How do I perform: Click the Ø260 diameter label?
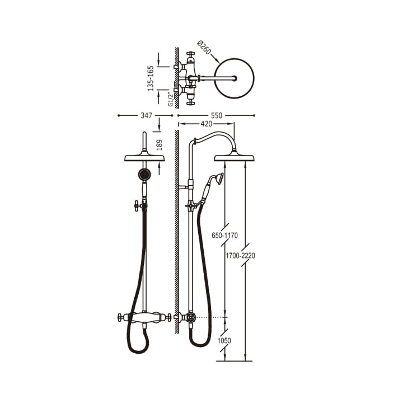coord(204,47)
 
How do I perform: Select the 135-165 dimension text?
coord(151,78)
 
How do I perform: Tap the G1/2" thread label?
coord(170,100)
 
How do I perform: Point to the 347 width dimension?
coord(146,116)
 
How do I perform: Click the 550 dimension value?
coord(217,116)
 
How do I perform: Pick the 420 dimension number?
coord(207,124)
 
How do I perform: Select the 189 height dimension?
coord(160,145)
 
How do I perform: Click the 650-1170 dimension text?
coord(224,236)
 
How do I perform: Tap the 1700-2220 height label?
coord(240,256)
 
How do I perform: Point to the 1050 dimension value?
coord(224,341)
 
